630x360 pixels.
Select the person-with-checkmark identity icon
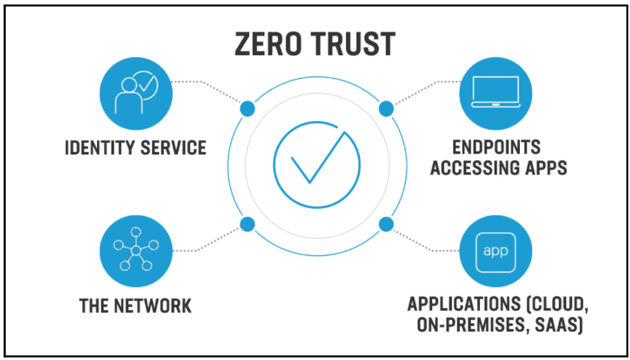pyautogui.click(x=136, y=93)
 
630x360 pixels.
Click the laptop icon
pyautogui.click(x=495, y=93)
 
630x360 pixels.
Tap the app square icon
pyautogui.click(x=495, y=251)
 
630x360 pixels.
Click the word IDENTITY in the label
pyautogui.click(x=99, y=148)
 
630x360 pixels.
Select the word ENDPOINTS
pyautogui.click(x=496, y=148)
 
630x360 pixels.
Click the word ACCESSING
pyautogui.click(x=472, y=167)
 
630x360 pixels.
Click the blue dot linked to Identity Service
pyautogui.click(x=247, y=109)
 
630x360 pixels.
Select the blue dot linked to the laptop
pyautogui.click(x=386, y=109)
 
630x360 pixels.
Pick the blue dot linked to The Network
pyautogui.click(x=247, y=224)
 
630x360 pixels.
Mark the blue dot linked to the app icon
pyautogui.click(x=386, y=224)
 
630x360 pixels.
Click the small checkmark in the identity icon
pyautogui.click(x=146, y=83)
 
